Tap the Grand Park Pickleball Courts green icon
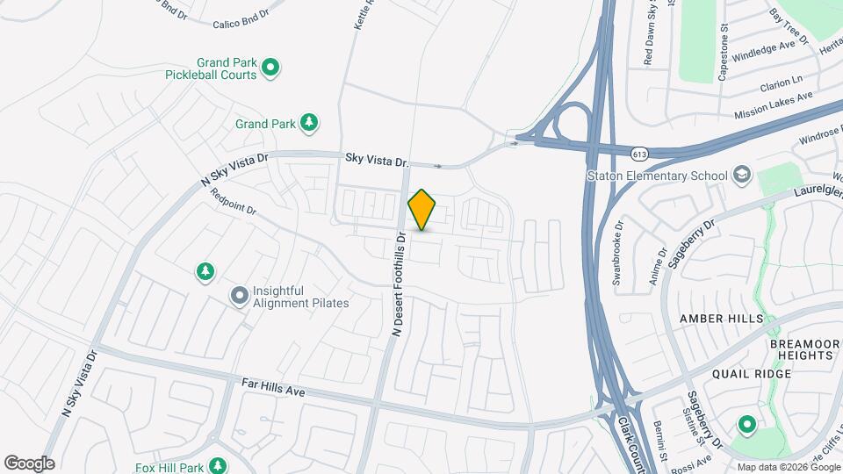(271, 66)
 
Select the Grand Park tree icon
(308, 124)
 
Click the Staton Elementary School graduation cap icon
(742, 175)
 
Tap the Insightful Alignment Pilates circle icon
(239, 297)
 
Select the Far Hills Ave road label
(273, 387)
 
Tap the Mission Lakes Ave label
(775, 105)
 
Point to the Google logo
(29, 463)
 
